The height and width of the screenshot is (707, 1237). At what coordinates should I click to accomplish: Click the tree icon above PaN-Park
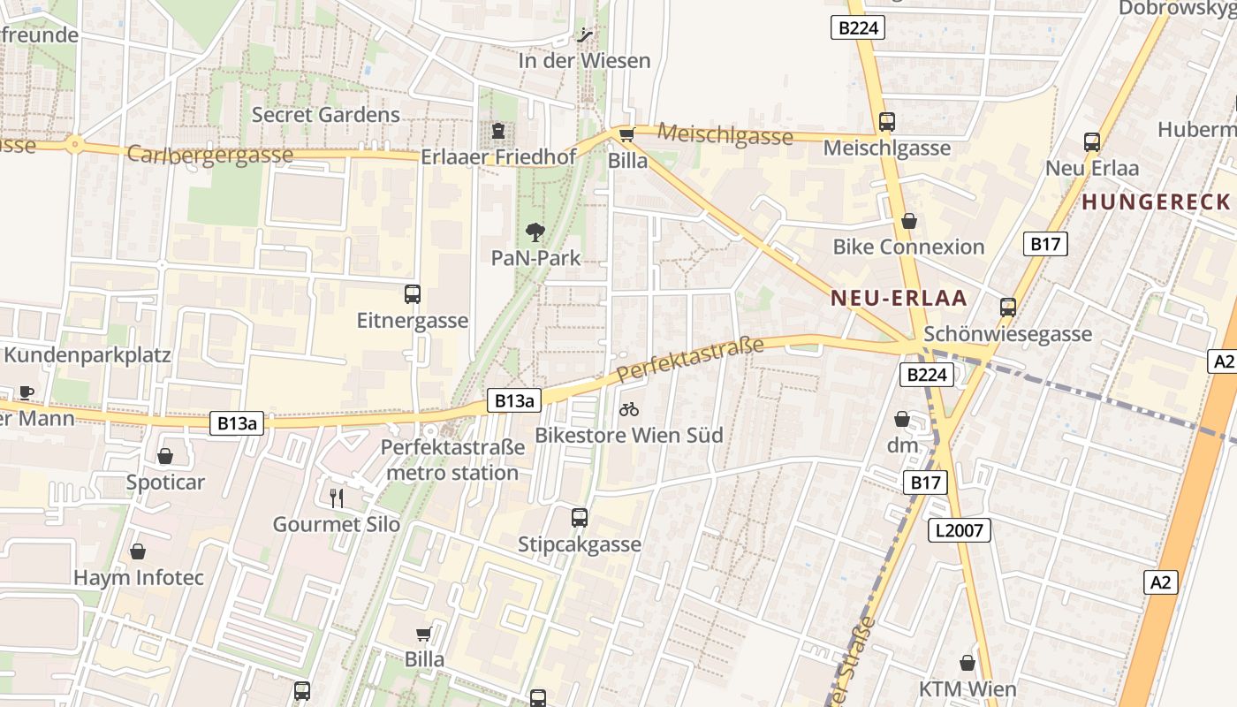(x=535, y=232)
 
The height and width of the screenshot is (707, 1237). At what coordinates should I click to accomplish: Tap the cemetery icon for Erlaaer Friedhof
(x=499, y=132)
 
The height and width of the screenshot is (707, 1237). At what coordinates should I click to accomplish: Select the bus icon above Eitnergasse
(x=413, y=294)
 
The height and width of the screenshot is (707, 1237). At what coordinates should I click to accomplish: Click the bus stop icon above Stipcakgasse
(x=580, y=518)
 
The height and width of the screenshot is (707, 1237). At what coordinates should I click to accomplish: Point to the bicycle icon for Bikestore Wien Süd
(x=629, y=409)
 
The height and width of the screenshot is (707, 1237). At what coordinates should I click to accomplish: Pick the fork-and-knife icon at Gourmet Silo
(x=336, y=498)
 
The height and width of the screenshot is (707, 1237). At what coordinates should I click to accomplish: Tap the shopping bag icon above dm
(x=902, y=419)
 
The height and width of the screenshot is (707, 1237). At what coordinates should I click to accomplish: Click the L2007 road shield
(x=960, y=530)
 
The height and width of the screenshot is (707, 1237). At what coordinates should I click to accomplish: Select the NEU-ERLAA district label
(x=899, y=298)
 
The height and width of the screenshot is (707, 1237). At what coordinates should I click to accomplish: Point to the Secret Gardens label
(x=326, y=114)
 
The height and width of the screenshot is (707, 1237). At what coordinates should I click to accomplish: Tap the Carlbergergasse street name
(x=210, y=155)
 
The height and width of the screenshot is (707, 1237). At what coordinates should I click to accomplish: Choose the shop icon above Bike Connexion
(x=908, y=221)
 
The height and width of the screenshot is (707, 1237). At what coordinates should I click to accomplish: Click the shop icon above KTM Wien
(x=968, y=663)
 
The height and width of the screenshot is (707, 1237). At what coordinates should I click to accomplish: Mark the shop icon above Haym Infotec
(x=138, y=552)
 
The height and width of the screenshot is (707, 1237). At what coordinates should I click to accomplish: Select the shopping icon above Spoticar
(x=165, y=456)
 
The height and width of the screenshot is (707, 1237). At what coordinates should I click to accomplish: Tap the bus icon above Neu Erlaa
(x=1092, y=141)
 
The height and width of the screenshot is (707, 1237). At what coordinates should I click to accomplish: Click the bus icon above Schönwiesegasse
(x=1008, y=308)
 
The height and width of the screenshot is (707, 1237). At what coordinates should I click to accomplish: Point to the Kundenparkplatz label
(x=87, y=354)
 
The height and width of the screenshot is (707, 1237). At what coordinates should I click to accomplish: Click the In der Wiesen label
(x=584, y=60)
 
